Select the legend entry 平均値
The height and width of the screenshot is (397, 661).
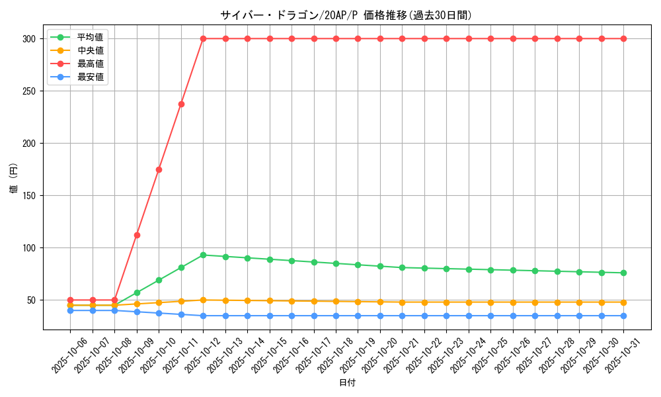click(91, 37)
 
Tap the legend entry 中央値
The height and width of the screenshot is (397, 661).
click(91, 50)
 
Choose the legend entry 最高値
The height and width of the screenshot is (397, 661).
click(91, 64)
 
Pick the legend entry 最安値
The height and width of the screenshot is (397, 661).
click(91, 77)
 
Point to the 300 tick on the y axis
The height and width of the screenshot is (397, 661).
click(30, 39)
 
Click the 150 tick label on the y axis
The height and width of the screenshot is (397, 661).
click(30, 196)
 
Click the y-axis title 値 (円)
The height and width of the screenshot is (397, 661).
click(13, 179)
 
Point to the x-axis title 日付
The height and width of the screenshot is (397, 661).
click(347, 383)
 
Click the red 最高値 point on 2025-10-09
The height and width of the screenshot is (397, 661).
click(137, 235)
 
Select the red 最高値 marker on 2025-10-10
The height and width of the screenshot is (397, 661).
click(159, 169)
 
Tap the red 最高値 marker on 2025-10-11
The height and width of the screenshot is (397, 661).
click(181, 104)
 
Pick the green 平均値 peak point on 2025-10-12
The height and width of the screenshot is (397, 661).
click(203, 255)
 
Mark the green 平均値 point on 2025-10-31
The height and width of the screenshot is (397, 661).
click(623, 273)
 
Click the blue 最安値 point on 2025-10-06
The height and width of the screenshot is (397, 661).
click(70, 310)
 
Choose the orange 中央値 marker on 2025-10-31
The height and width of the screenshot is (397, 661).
click(623, 302)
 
